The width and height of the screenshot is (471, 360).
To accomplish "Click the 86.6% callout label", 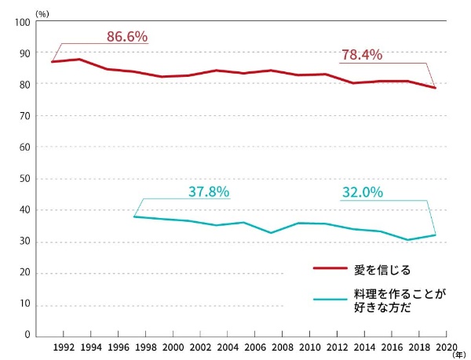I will pos(127,36).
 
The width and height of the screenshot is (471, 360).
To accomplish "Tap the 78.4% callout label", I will pos(361,55).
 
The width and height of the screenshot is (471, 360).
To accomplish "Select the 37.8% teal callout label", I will pos(209,191).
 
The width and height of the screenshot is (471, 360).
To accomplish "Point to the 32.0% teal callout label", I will pos(362,191).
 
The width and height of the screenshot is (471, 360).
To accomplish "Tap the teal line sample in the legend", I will pos(330,299).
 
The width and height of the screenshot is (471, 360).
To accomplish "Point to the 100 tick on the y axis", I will pos(22,22).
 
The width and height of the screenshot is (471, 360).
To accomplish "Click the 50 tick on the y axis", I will pos(24,179).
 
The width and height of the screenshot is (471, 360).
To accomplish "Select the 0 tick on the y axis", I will pos(27,336).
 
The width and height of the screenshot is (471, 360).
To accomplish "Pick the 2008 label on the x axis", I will pos(283,347).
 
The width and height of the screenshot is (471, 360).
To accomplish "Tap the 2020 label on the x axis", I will pos(446,347).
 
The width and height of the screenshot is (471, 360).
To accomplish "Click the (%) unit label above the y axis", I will pos(42,11).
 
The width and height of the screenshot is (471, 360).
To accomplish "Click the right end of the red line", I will pos(435,88).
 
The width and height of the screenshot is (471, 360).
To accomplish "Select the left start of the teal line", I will pos(134,216).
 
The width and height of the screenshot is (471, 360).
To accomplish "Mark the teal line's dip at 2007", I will pos(270,233).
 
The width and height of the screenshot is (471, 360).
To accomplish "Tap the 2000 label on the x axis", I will pos(173,347).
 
